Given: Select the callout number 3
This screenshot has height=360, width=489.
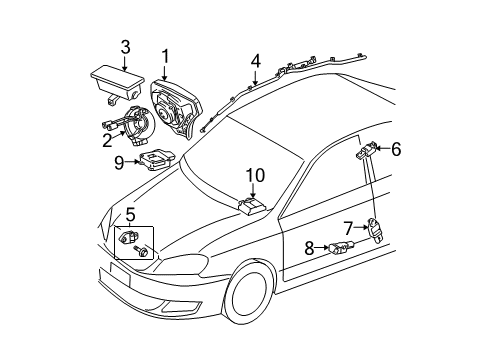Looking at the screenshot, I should (x=125, y=46).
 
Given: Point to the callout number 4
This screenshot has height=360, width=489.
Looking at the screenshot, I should (x=256, y=61).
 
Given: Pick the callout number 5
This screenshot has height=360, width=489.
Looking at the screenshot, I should (x=131, y=213).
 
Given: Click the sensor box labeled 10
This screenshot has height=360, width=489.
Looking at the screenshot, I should (x=251, y=206).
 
